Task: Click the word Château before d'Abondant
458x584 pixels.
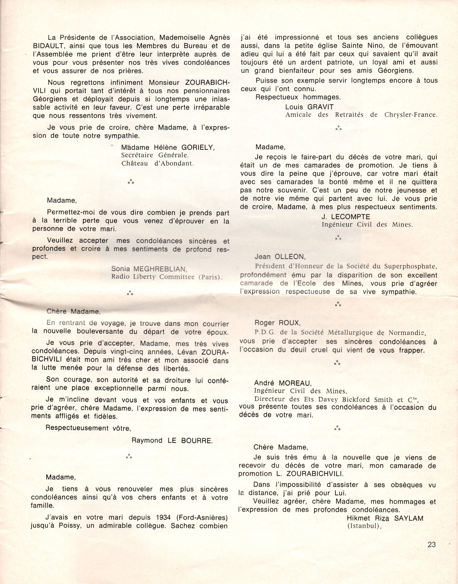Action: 135,163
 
